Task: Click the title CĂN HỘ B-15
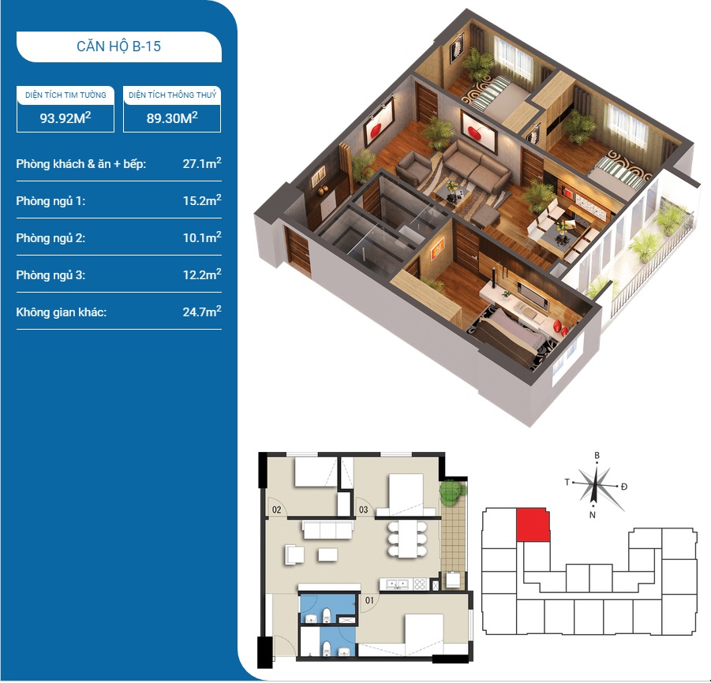point(119,47)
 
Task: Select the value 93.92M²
point(65,118)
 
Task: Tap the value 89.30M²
point(172,118)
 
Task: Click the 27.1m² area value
point(202,163)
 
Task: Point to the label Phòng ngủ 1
point(51,201)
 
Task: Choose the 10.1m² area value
point(202,237)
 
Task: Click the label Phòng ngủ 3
point(51,275)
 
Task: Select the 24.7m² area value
point(202,312)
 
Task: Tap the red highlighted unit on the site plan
point(533,524)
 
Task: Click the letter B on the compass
point(597,456)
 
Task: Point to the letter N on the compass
point(592,515)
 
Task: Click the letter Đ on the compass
point(624,487)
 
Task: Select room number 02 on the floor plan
point(276,509)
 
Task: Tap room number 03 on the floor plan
point(363,509)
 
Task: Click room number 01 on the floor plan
point(369,600)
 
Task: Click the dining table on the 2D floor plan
point(407,539)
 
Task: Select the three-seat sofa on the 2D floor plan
point(327,530)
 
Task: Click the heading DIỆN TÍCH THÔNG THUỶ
point(172,95)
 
